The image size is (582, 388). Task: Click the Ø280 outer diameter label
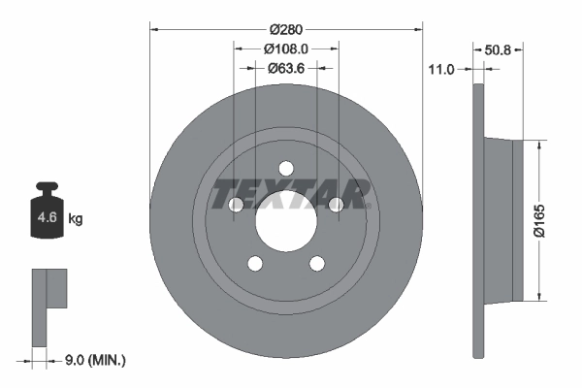click(286, 28)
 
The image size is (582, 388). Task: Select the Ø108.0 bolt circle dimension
click(286, 48)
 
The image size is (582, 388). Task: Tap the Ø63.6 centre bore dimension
click(286, 68)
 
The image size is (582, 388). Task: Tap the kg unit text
click(76, 219)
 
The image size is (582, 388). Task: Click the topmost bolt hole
click(286, 167)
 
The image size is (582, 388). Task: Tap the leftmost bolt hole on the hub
click(236, 204)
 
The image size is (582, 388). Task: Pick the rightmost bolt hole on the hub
click(337, 204)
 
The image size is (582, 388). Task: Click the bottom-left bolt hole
click(255, 263)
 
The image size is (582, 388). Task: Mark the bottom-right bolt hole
click(317, 263)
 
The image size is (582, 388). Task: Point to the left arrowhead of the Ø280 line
click(154, 28)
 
